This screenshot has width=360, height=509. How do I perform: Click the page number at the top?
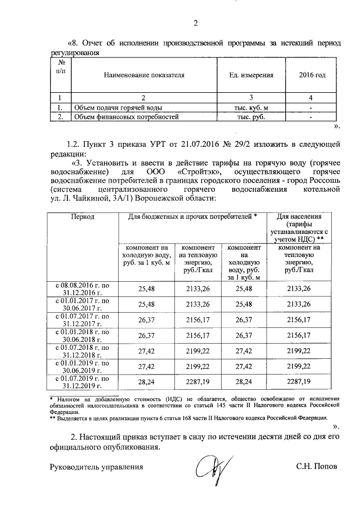point(196,23)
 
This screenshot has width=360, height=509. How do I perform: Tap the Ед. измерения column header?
point(252,74)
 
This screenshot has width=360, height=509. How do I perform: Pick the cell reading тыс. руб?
point(251,117)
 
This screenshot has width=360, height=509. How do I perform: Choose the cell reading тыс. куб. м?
point(251,107)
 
